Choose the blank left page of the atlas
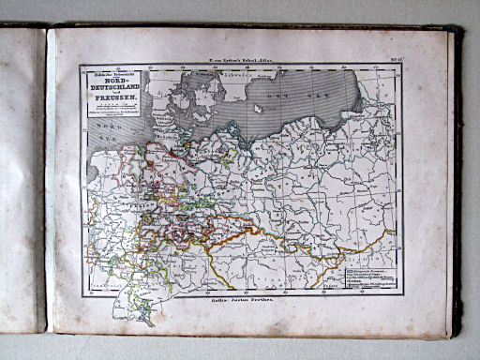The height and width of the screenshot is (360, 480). [21, 178]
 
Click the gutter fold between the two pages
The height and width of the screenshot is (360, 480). [47, 178]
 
